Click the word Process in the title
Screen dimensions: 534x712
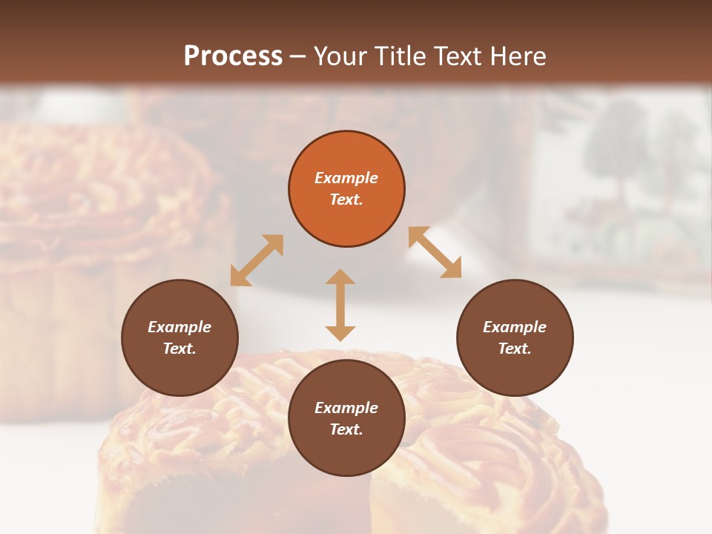click(233, 56)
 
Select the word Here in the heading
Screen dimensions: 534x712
click(518, 56)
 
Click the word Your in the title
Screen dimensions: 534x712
click(339, 56)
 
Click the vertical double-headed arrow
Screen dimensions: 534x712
click(340, 305)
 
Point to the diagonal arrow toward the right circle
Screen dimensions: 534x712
click(435, 252)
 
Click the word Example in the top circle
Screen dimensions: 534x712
click(346, 178)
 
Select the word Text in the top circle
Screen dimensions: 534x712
click(346, 200)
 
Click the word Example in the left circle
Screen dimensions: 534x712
click(179, 327)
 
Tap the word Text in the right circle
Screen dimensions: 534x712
click(515, 349)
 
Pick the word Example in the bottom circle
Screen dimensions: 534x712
click(346, 408)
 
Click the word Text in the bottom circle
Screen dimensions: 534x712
click(346, 429)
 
